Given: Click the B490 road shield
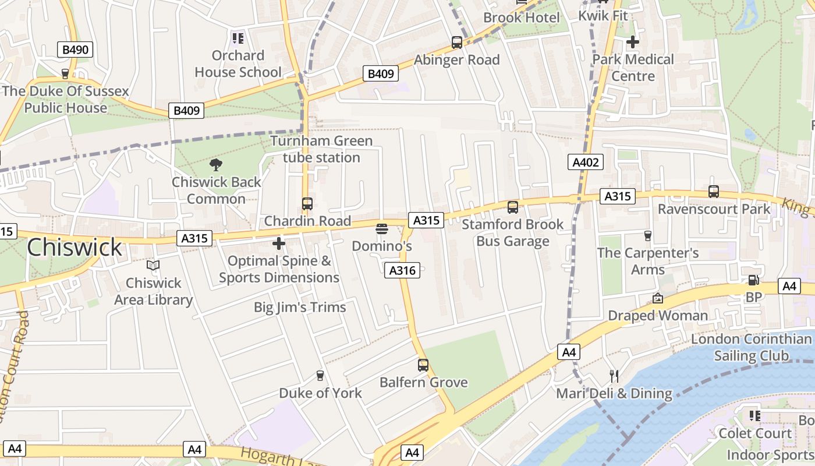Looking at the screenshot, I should tap(75, 50).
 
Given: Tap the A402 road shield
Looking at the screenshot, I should tap(586, 163).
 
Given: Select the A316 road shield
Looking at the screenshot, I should tap(402, 270).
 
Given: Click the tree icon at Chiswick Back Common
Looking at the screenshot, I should tap(216, 165).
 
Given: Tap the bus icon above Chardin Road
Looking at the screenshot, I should tap(307, 204).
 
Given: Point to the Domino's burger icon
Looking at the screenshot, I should tap(382, 229).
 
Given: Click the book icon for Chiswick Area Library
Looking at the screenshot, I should tap(153, 266).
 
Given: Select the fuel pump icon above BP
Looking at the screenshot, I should tap(753, 280).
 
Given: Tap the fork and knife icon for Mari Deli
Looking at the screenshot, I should tap(614, 376).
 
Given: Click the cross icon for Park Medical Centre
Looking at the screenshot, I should tap(633, 42).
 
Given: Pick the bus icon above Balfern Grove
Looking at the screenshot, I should tap(423, 365).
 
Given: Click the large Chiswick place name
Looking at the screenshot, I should tap(75, 248).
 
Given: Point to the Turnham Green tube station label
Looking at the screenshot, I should tap(321, 149).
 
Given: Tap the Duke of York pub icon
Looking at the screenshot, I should tap(320, 376).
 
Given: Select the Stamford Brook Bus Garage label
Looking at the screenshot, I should tap(513, 232).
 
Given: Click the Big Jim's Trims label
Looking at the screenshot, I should tap(300, 307).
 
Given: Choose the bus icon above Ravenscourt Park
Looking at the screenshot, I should tap(714, 191).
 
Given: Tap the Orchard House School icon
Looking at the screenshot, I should tap(238, 38).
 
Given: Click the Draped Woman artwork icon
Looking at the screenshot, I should tap(658, 298).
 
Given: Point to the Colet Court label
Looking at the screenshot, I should tap(755, 433).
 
